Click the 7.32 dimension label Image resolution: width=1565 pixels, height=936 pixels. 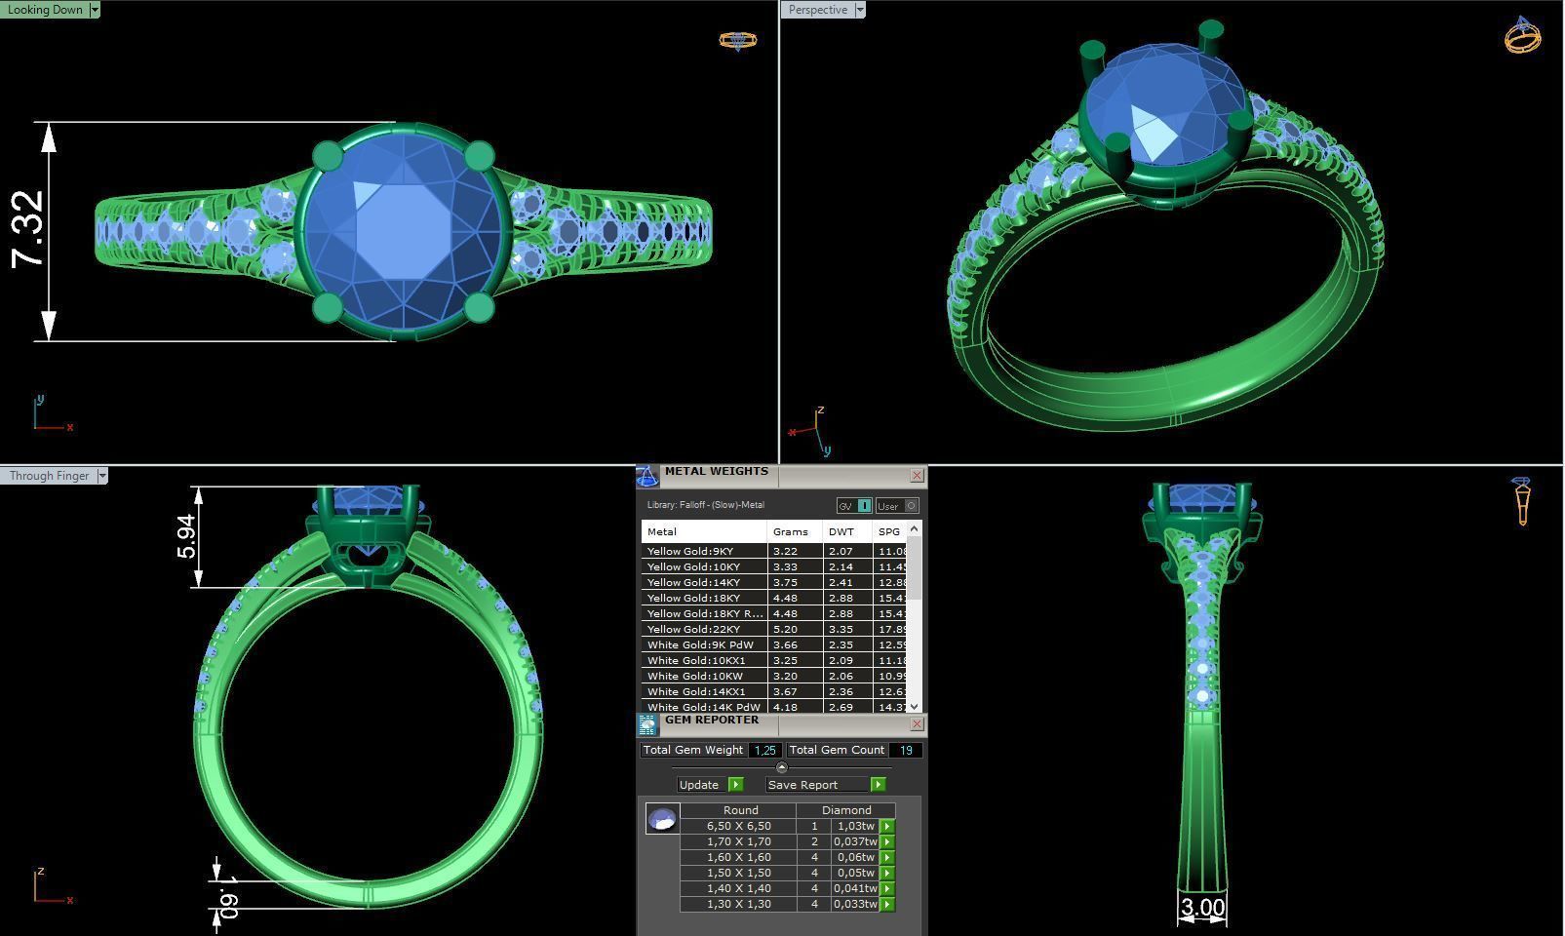[x=28, y=228]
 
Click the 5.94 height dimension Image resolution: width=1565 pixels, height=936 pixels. [x=186, y=536]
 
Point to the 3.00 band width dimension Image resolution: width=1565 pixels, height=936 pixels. [x=1202, y=908]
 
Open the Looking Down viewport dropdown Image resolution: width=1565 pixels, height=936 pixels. [x=94, y=10]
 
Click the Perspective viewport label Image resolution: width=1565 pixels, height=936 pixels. [x=817, y=10]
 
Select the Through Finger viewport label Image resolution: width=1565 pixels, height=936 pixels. [x=49, y=476]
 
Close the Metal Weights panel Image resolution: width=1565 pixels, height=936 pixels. [x=917, y=476]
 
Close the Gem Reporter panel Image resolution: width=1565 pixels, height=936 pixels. [x=917, y=724]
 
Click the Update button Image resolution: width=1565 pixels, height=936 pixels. [x=699, y=785]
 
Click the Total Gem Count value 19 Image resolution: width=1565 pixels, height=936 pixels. [x=906, y=750]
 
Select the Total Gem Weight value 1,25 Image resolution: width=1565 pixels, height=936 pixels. [x=765, y=750]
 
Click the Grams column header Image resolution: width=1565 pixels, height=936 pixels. [x=790, y=531]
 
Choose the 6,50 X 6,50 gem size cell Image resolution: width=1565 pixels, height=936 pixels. [x=738, y=826]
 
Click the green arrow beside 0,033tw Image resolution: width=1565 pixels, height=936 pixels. [x=887, y=905]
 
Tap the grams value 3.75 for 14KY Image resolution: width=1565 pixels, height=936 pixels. [x=785, y=582]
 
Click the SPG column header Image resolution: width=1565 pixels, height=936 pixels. [x=888, y=531]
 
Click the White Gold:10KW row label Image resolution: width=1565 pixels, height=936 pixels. [x=694, y=676]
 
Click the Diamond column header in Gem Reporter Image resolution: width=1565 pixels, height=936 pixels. [x=845, y=810]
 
